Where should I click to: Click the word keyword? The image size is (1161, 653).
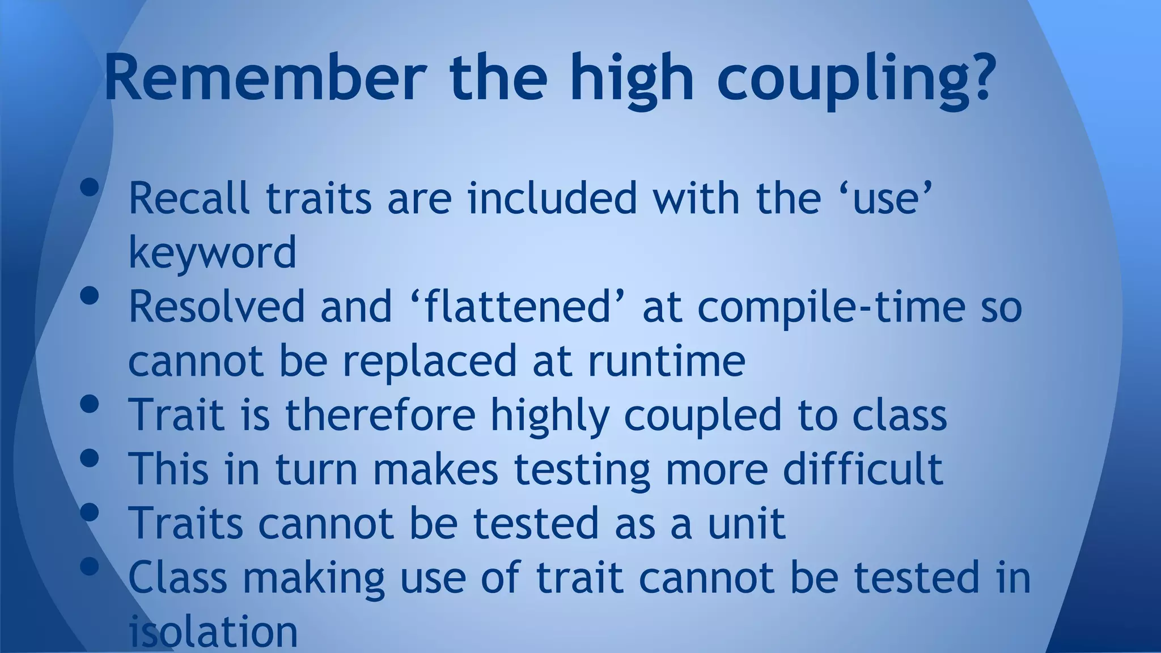coord(213,252)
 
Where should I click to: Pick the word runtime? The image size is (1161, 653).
coord(666,361)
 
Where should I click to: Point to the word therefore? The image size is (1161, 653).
coord(380,414)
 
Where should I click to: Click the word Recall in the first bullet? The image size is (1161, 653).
coord(189,198)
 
